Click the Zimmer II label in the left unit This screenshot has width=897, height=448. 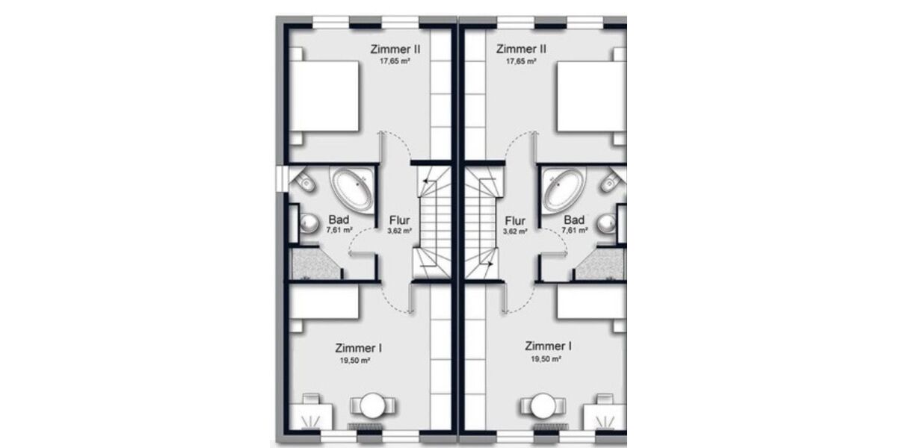(395, 49)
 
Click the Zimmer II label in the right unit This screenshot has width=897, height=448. (521, 49)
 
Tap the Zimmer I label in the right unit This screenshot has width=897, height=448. (549, 346)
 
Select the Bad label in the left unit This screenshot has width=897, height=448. (338, 220)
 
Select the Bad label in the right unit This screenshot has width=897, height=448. (574, 220)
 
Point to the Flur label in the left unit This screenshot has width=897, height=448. (399, 221)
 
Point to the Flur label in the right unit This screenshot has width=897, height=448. (516, 221)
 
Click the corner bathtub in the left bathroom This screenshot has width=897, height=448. (351, 190)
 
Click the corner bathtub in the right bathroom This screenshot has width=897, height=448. (562, 190)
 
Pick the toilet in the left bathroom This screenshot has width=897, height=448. (305, 181)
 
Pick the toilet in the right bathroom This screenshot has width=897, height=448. (610, 181)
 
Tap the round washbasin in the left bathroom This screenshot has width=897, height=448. (307, 222)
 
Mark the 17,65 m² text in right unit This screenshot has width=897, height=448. (521, 62)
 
